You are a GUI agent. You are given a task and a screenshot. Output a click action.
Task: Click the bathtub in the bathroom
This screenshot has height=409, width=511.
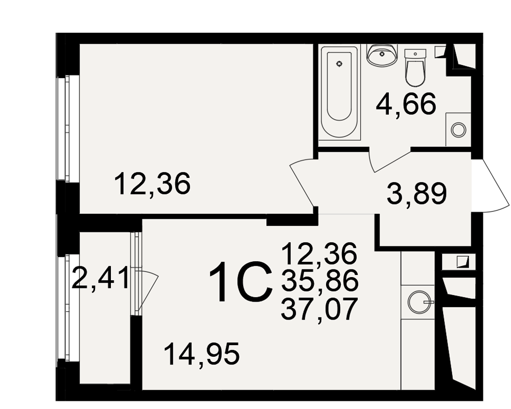(339, 93)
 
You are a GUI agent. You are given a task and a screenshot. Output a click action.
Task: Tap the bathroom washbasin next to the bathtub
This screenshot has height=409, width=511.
(382, 55)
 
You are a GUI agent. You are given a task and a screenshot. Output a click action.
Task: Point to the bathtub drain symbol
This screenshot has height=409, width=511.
(340, 64)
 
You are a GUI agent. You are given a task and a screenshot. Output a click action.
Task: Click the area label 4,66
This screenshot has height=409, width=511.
(406, 104)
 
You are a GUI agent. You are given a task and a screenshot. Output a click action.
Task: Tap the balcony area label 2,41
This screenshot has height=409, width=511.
(100, 278)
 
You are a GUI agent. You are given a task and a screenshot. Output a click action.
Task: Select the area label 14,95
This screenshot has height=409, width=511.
(202, 353)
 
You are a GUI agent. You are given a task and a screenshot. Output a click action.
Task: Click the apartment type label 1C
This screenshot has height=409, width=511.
(241, 282)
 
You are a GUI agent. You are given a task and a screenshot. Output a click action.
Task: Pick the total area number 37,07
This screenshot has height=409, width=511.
(318, 309)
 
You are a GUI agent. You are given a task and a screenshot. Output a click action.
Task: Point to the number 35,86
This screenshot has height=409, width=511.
(320, 281)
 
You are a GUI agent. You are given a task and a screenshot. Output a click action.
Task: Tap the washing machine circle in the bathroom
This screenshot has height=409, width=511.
(458, 130)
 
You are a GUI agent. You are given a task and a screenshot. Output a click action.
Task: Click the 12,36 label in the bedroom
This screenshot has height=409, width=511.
(152, 184)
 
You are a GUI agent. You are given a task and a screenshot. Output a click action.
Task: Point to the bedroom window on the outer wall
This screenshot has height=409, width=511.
(67, 128)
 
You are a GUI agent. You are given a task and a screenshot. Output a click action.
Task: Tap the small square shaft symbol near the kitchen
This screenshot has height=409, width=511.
(462, 262)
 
